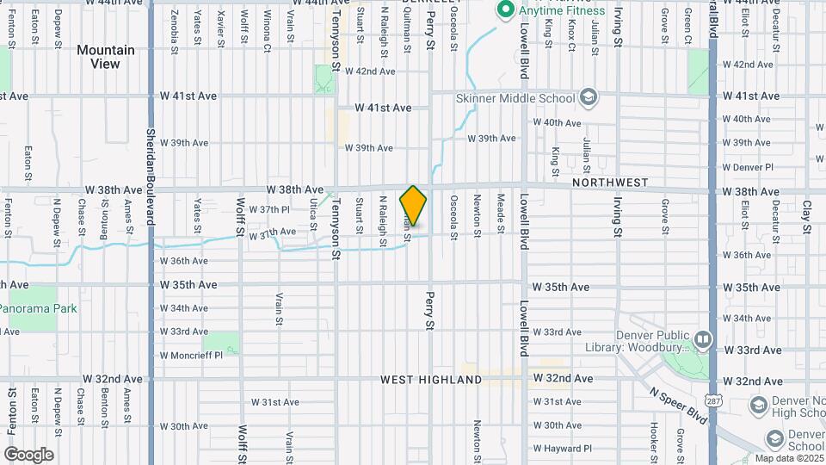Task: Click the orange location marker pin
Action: coord(414,205)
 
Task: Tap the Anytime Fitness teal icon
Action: coord(506,11)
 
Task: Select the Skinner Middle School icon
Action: coord(589,97)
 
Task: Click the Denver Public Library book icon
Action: coord(703,339)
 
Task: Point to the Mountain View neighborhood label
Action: coord(106,57)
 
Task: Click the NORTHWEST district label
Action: coord(609,183)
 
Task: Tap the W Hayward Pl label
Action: coord(563,449)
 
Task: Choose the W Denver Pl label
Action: coord(748,167)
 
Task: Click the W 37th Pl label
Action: coord(269,209)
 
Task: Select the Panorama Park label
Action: coord(38,308)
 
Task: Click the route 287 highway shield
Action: coord(712,401)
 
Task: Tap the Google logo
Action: coord(28,454)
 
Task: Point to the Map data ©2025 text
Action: coord(786,458)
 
